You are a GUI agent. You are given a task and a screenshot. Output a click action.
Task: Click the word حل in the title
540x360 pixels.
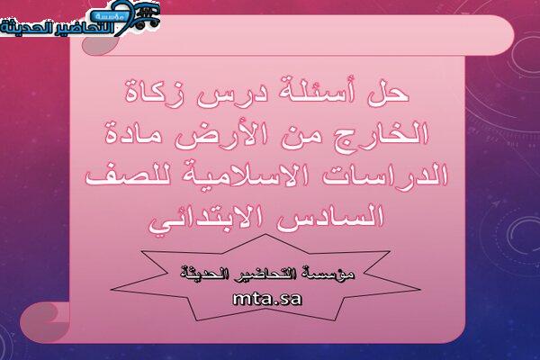[388, 93]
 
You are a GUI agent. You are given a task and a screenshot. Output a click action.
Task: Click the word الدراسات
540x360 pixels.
[393, 175]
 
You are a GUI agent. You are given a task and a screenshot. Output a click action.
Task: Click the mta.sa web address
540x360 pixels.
[267, 299]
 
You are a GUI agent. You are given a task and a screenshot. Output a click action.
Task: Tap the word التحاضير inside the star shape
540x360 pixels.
[260, 274]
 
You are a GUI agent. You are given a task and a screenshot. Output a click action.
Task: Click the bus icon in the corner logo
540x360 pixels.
[147, 16]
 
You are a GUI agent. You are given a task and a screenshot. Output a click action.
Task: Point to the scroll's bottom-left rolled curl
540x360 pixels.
[45, 322]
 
